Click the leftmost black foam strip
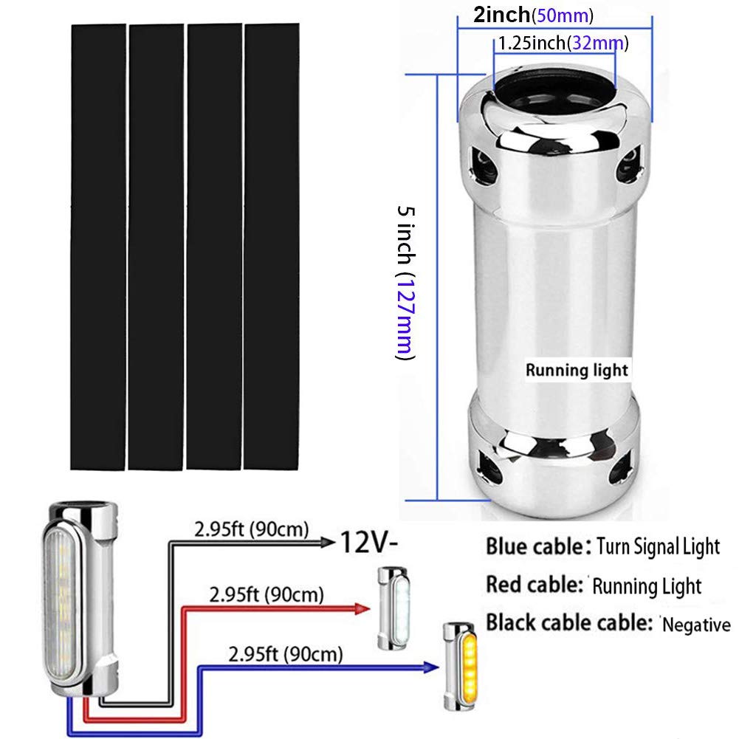[x=98, y=246]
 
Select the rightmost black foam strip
[x=272, y=246]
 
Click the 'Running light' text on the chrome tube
[x=577, y=370]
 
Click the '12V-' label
[x=368, y=543]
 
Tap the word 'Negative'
[x=696, y=626]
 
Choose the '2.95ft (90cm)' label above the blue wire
[x=286, y=653]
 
